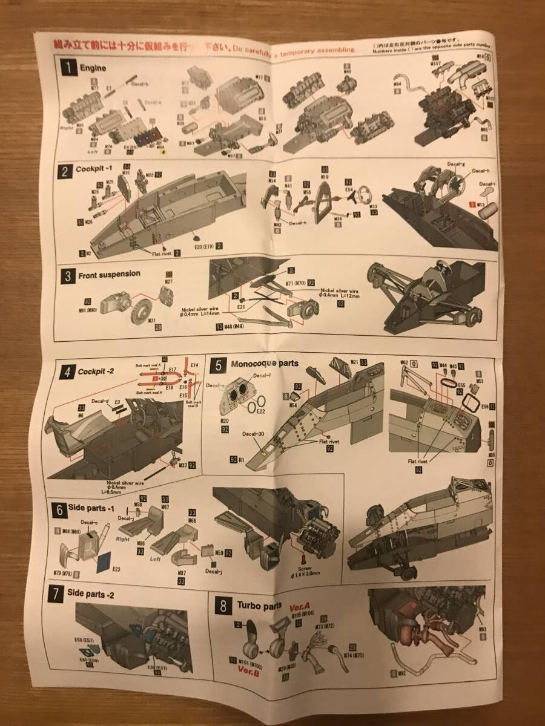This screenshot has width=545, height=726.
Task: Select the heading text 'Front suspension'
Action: pyautogui.click(x=110, y=273)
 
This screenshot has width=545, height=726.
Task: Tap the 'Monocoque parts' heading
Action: pyautogui.click(x=265, y=364)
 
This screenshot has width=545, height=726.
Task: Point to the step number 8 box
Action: pyautogui.click(x=223, y=606)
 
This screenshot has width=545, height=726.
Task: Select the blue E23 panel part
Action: pyautogui.click(x=105, y=562)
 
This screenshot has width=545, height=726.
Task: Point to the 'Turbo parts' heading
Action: pyautogui.click(x=259, y=605)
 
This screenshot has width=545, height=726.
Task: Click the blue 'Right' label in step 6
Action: pyautogui.click(x=123, y=537)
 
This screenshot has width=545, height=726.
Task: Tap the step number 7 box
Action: pyautogui.click(x=56, y=595)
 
